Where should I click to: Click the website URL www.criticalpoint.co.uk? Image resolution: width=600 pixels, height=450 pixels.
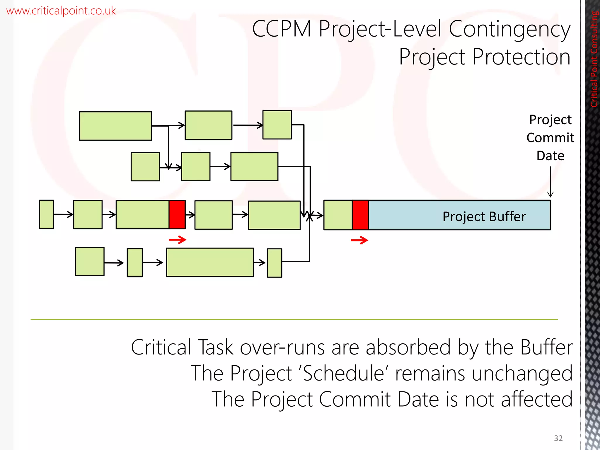(x=61, y=11)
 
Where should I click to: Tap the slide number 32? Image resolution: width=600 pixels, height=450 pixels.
(x=558, y=438)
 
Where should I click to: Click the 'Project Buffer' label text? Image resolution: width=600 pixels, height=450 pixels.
(x=484, y=217)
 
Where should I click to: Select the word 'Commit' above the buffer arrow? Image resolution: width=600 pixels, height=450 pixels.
(x=550, y=138)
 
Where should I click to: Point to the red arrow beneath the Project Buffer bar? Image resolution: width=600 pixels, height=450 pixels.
(x=359, y=241)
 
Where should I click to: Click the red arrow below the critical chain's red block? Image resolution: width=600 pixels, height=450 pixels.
(x=178, y=240)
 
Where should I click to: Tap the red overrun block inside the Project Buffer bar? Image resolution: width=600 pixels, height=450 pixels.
(x=360, y=215)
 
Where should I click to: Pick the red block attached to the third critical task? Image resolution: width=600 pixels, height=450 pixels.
(x=177, y=214)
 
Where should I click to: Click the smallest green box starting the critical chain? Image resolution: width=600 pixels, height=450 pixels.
(x=47, y=214)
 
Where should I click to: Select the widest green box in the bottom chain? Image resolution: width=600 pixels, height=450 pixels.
(x=210, y=262)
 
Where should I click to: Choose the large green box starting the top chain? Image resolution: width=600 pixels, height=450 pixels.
(x=115, y=126)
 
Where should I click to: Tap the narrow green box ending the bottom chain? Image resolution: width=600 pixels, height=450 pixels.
(x=275, y=263)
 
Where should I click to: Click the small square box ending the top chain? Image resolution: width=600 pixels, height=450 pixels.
(x=277, y=125)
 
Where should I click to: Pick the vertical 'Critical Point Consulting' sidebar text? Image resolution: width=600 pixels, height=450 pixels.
(x=594, y=59)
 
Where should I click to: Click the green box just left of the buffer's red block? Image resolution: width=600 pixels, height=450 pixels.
(x=338, y=215)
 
